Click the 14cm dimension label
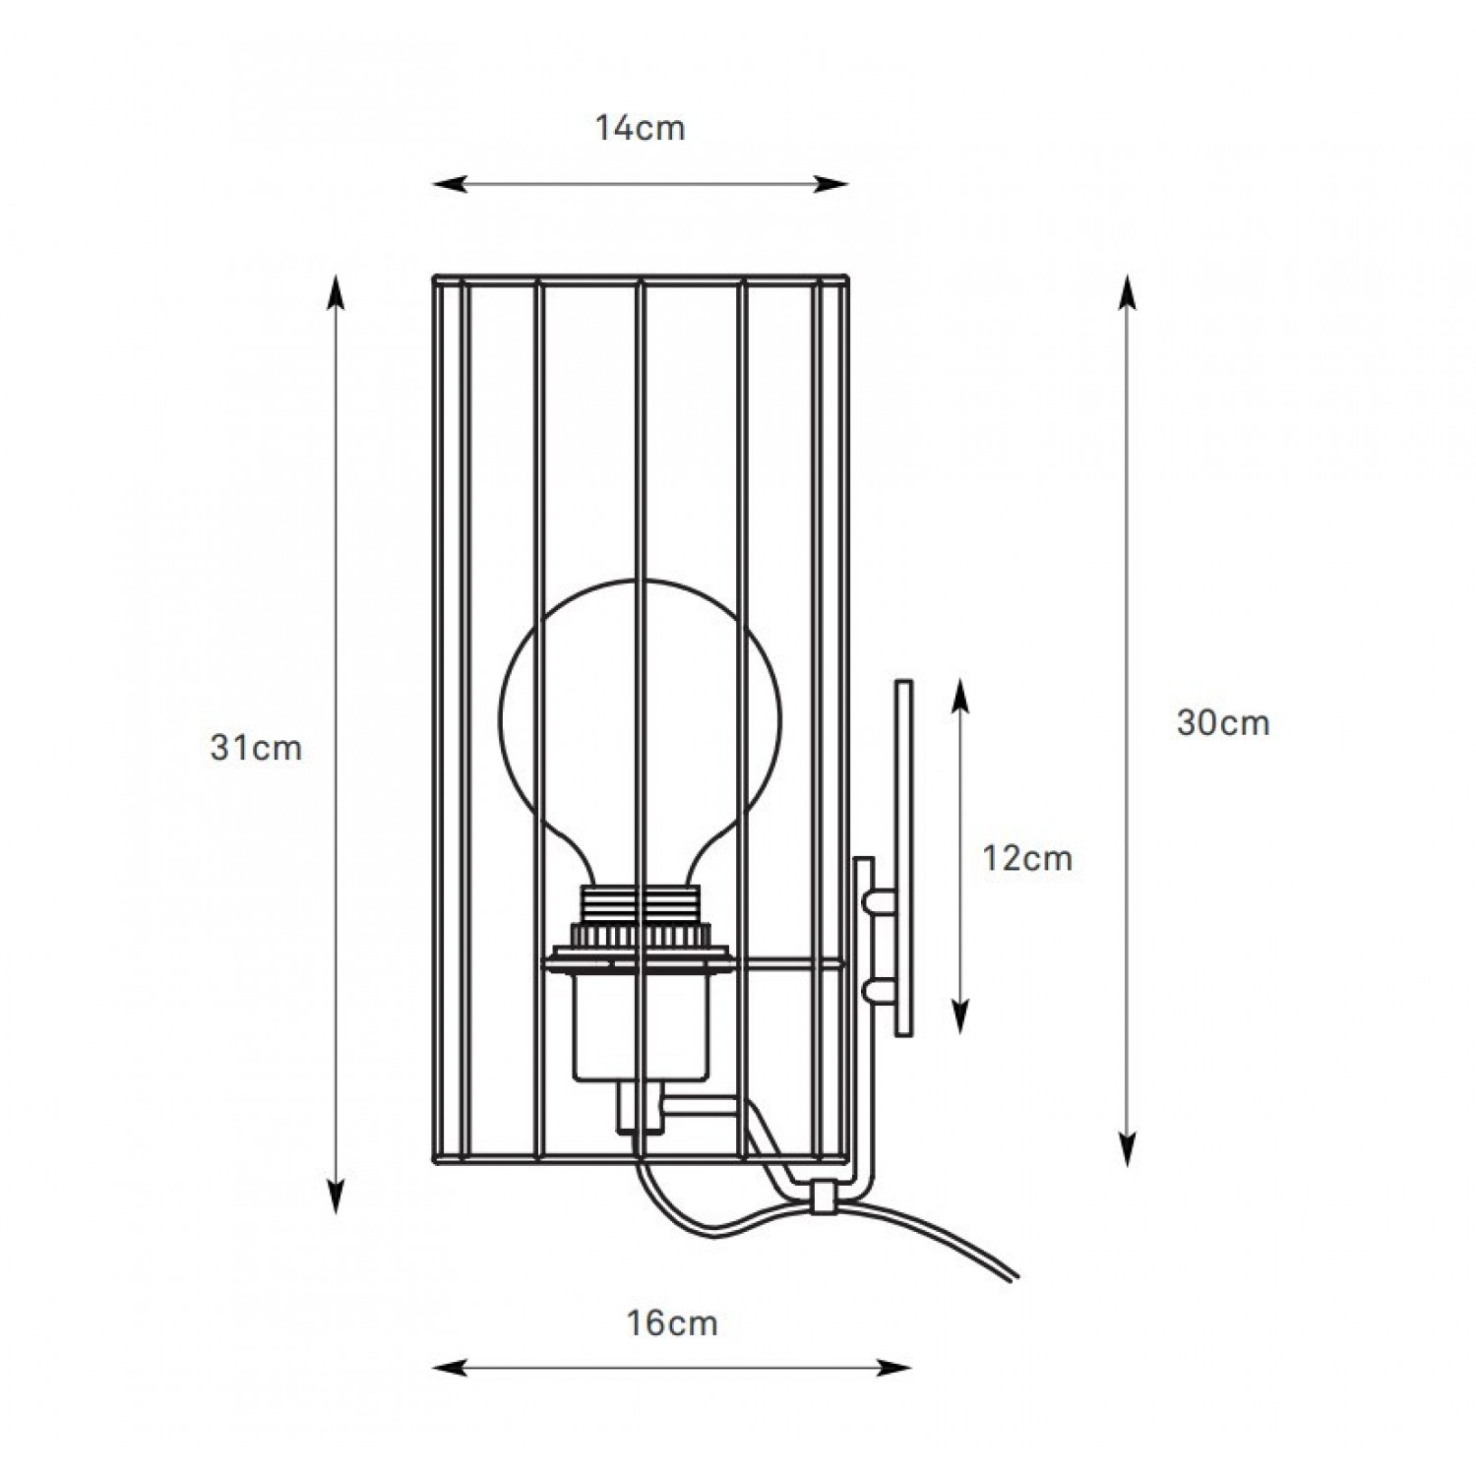point(640,128)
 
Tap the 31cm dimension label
point(256,748)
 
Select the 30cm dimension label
point(1223,723)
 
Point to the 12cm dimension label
point(1027,858)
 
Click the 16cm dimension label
point(672,1323)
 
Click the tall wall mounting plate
point(903,857)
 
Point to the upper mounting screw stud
point(878,899)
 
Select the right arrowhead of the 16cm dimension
point(896,1367)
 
